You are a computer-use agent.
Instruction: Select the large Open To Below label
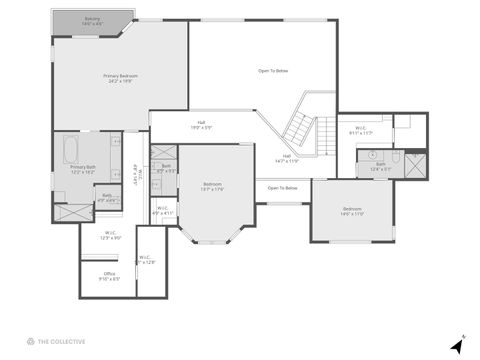tap(273, 71)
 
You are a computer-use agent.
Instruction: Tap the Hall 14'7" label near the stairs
tap(287, 158)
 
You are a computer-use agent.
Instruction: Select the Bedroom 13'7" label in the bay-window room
tap(213, 186)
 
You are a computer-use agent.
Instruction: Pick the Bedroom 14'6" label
tap(352, 211)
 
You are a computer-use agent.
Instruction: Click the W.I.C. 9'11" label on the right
tap(362, 130)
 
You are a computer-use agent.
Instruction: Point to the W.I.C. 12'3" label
tap(111, 237)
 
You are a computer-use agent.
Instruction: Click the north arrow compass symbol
tap(457, 345)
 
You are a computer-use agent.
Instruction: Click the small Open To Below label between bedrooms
tap(283, 188)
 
